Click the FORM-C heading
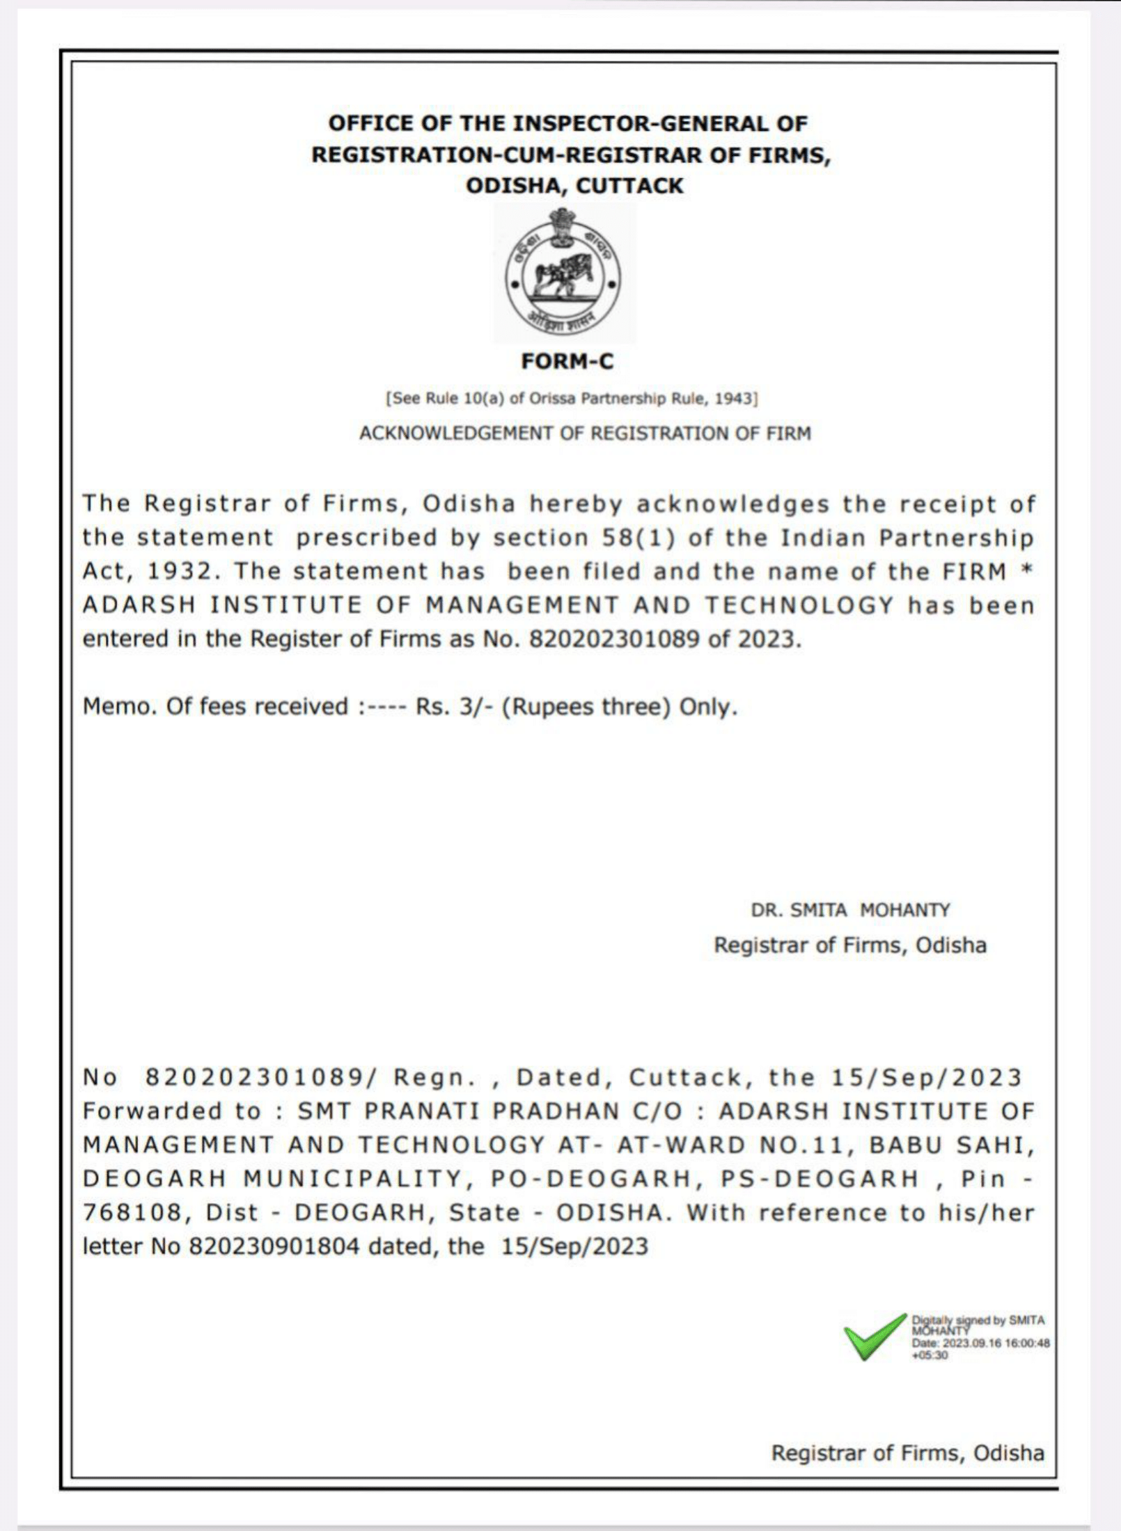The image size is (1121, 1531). point(567,361)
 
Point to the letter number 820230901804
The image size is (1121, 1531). point(274,1246)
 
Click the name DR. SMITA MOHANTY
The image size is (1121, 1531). point(850,910)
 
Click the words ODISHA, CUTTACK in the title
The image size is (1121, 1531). point(574,186)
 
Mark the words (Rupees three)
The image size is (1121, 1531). point(586,706)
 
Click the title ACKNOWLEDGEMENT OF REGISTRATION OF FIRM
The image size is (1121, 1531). point(585,434)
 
